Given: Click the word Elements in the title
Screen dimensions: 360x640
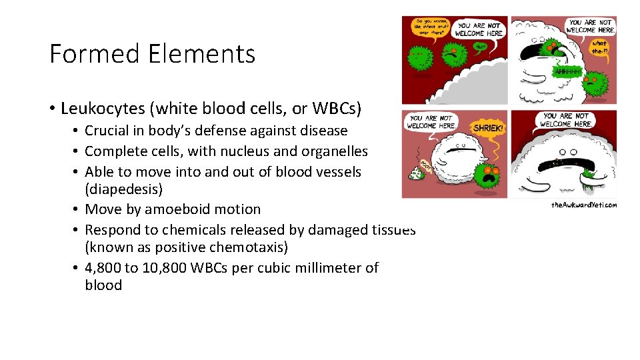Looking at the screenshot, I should [195, 53].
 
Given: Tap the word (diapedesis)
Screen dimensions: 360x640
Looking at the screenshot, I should [123, 189].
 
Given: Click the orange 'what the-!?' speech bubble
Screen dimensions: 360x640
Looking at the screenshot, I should [600, 47].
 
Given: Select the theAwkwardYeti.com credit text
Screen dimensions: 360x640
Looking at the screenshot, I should [584, 205].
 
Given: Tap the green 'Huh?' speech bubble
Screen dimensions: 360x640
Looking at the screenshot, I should [480, 46].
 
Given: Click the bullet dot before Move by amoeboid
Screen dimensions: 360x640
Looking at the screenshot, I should [77, 209].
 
